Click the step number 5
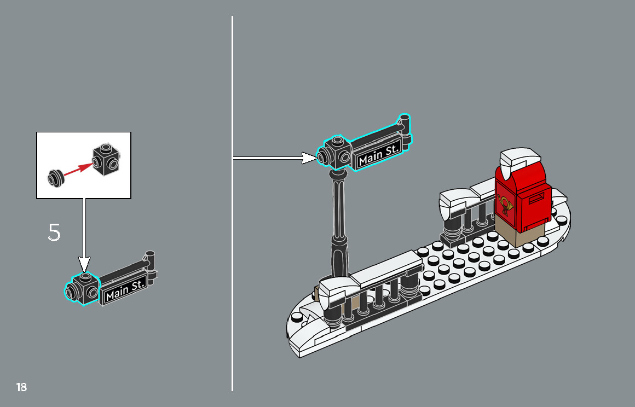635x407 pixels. [54, 232]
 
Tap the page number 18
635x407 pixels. [21, 387]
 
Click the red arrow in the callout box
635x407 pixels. [77, 169]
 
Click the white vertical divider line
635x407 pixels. [232, 274]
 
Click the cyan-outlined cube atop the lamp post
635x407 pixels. [335, 154]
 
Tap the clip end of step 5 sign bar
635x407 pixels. [151, 259]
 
